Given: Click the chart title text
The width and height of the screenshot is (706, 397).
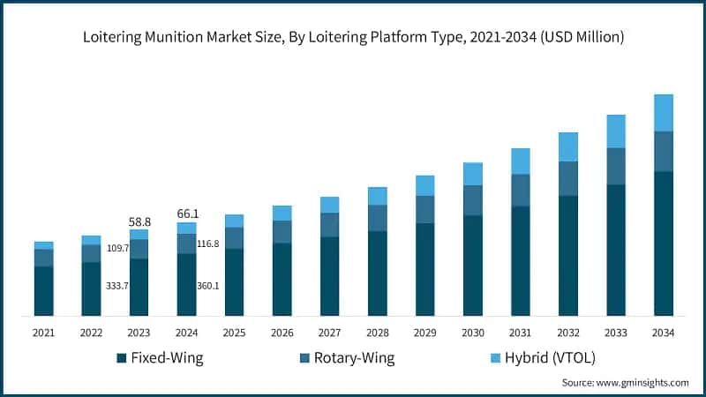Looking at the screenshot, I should point(353,37).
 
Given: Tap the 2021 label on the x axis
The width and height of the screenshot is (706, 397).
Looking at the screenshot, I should point(44,332).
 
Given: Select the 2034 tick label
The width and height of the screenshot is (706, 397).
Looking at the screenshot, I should point(663,332).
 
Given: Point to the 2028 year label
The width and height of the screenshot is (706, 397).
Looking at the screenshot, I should point(377,332).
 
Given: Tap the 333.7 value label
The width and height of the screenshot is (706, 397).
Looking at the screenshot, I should point(117,286).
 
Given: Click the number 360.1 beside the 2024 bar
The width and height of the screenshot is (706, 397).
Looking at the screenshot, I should point(208,286).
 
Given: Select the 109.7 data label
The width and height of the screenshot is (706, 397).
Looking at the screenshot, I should point(117,249).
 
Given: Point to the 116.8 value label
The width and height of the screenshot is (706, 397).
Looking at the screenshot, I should point(208,243).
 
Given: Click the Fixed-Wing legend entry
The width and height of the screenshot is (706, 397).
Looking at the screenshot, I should point(162,357).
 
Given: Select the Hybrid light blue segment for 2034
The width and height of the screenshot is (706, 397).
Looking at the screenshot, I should point(663,113).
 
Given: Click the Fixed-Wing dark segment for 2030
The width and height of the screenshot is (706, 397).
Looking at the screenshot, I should point(472,265).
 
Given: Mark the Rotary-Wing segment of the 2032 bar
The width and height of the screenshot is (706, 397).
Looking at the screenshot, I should point(567,178).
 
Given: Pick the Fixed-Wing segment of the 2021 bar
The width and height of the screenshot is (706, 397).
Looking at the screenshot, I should point(44,290).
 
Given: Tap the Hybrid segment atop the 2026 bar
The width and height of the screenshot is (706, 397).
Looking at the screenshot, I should point(282,213).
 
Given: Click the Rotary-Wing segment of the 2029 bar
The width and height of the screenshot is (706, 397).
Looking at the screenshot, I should point(424,209).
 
